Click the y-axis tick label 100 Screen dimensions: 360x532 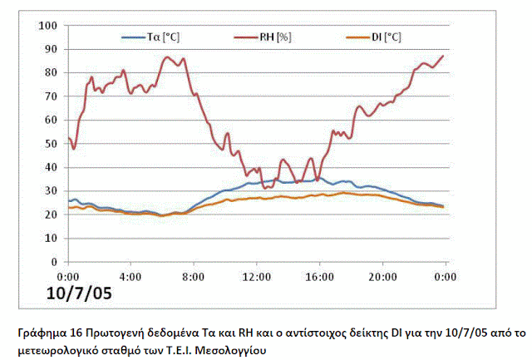tap(49, 26)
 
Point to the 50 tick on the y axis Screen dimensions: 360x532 tap(52, 144)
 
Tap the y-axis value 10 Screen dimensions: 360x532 tap(52, 238)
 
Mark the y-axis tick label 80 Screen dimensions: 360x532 tap(52, 73)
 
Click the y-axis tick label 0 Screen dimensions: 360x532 tap(54, 262)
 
